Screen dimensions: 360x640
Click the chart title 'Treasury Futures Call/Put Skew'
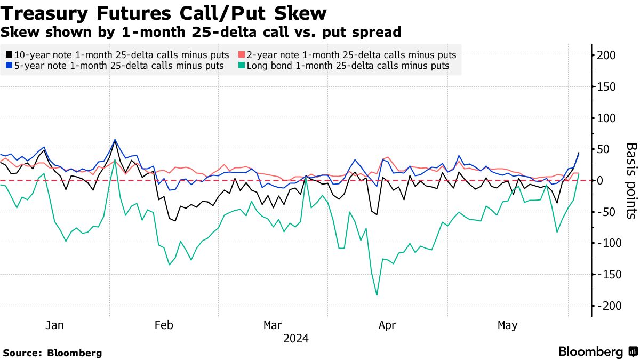(x=164, y=13)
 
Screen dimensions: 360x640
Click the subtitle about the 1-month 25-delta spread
(x=201, y=32)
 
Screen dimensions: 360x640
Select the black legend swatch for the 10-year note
(x=9, y=55)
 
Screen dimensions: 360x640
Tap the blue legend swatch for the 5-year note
(x=9, y=66)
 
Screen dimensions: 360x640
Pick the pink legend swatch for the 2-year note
(x=241, y=55)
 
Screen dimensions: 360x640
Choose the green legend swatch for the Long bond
(x=241, y=66)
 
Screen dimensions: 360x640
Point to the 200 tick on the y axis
(x=606, y=55)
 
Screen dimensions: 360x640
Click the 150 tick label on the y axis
(x=606, y=87)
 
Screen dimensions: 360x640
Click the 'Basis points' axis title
(x=631, y=180)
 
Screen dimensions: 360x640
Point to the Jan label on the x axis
(x=55, y=325)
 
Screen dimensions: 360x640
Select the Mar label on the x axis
(x=273, y=325)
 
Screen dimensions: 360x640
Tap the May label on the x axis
(x=507, y=325)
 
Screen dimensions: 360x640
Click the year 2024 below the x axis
(x=296, y=338)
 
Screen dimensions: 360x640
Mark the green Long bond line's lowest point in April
(x=377, y=295)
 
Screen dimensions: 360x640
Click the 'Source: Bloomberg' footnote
(x=52, y=353)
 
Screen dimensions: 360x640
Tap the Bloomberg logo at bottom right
(x=598, y=352)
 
